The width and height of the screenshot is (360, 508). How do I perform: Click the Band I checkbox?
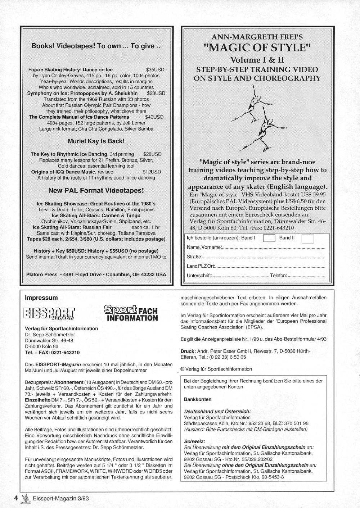click(x=269, y=238)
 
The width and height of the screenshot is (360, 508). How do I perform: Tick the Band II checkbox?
click(x=307, y=239)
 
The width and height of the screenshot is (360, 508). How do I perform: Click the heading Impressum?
click(x=41, y=298)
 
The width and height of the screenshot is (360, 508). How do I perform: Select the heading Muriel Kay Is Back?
click(x=96, y=141)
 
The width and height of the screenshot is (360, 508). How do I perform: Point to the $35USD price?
click(x=155, y=70)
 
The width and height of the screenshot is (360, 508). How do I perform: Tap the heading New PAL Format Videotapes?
click(x=96, y=190)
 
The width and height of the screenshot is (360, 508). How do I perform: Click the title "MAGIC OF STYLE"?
click(x=257, y=47)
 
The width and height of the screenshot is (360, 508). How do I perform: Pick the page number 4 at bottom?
click(x=16, y=498)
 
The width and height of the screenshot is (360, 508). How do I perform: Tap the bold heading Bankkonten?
click(x=198, y=399)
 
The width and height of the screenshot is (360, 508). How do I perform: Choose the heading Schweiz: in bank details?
click(x=194, y=441)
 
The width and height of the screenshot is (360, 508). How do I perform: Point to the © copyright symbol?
click(x=182, y=369)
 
